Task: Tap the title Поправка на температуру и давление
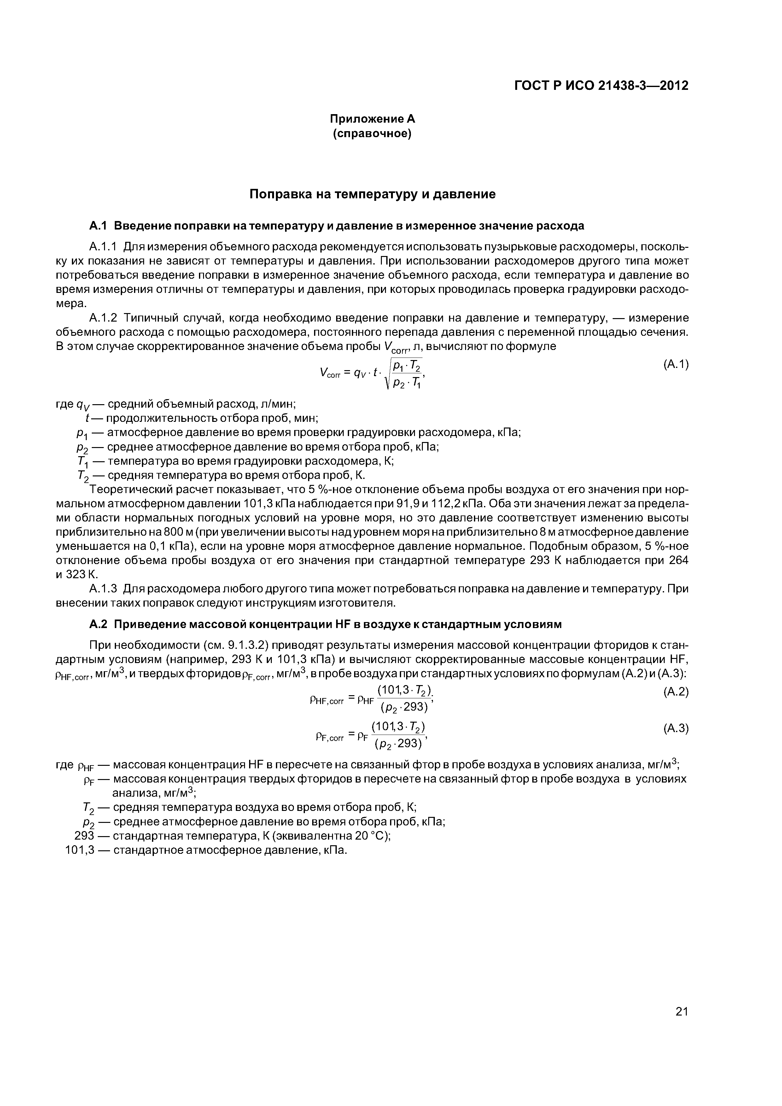pyautogui.click(x=372, y=194)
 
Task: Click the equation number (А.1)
pyautogui.click(x=675, y=365)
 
